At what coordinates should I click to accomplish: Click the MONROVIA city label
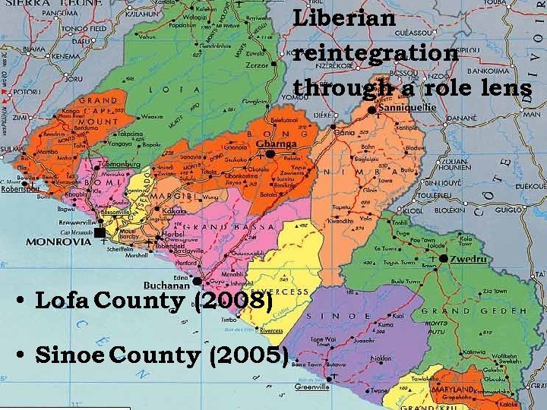[58, 242]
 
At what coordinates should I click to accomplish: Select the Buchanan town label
[168, 285]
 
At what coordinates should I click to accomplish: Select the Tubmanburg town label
[115, 163]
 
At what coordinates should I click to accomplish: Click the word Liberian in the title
[344, 18]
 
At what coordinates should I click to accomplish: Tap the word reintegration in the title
[376, 53]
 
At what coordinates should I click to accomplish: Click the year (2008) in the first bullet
[234, 301]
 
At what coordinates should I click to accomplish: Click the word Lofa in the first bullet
[64, 301]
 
